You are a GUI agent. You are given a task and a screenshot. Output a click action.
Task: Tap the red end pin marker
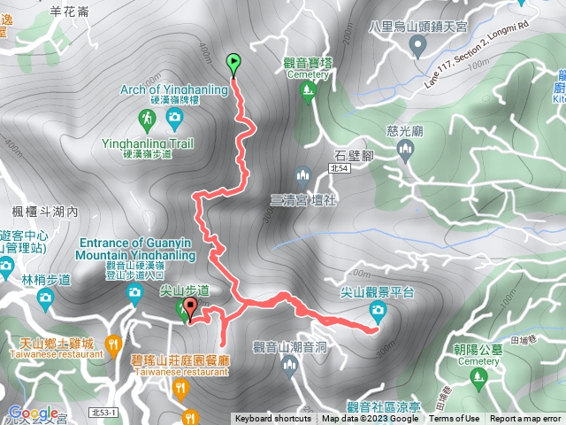[190, 307]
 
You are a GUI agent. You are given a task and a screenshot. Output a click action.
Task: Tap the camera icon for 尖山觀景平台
[379, 309]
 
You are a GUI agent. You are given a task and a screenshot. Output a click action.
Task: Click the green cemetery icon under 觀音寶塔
[308, 94]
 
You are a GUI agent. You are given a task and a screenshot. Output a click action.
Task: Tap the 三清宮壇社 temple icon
[302, 174]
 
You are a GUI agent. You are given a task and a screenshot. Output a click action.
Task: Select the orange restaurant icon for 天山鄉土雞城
[112, 343]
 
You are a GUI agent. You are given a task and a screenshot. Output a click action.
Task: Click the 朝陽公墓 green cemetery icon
[479, 378]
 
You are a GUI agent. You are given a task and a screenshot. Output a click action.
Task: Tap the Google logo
[34, 413]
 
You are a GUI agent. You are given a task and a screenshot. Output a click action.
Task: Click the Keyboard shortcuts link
[272, 419]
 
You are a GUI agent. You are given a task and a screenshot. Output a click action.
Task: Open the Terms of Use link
[454, 419]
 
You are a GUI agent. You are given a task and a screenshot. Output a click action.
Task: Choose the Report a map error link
[525, 419]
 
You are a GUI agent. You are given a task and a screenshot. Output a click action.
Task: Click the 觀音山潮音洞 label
[290, 346]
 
